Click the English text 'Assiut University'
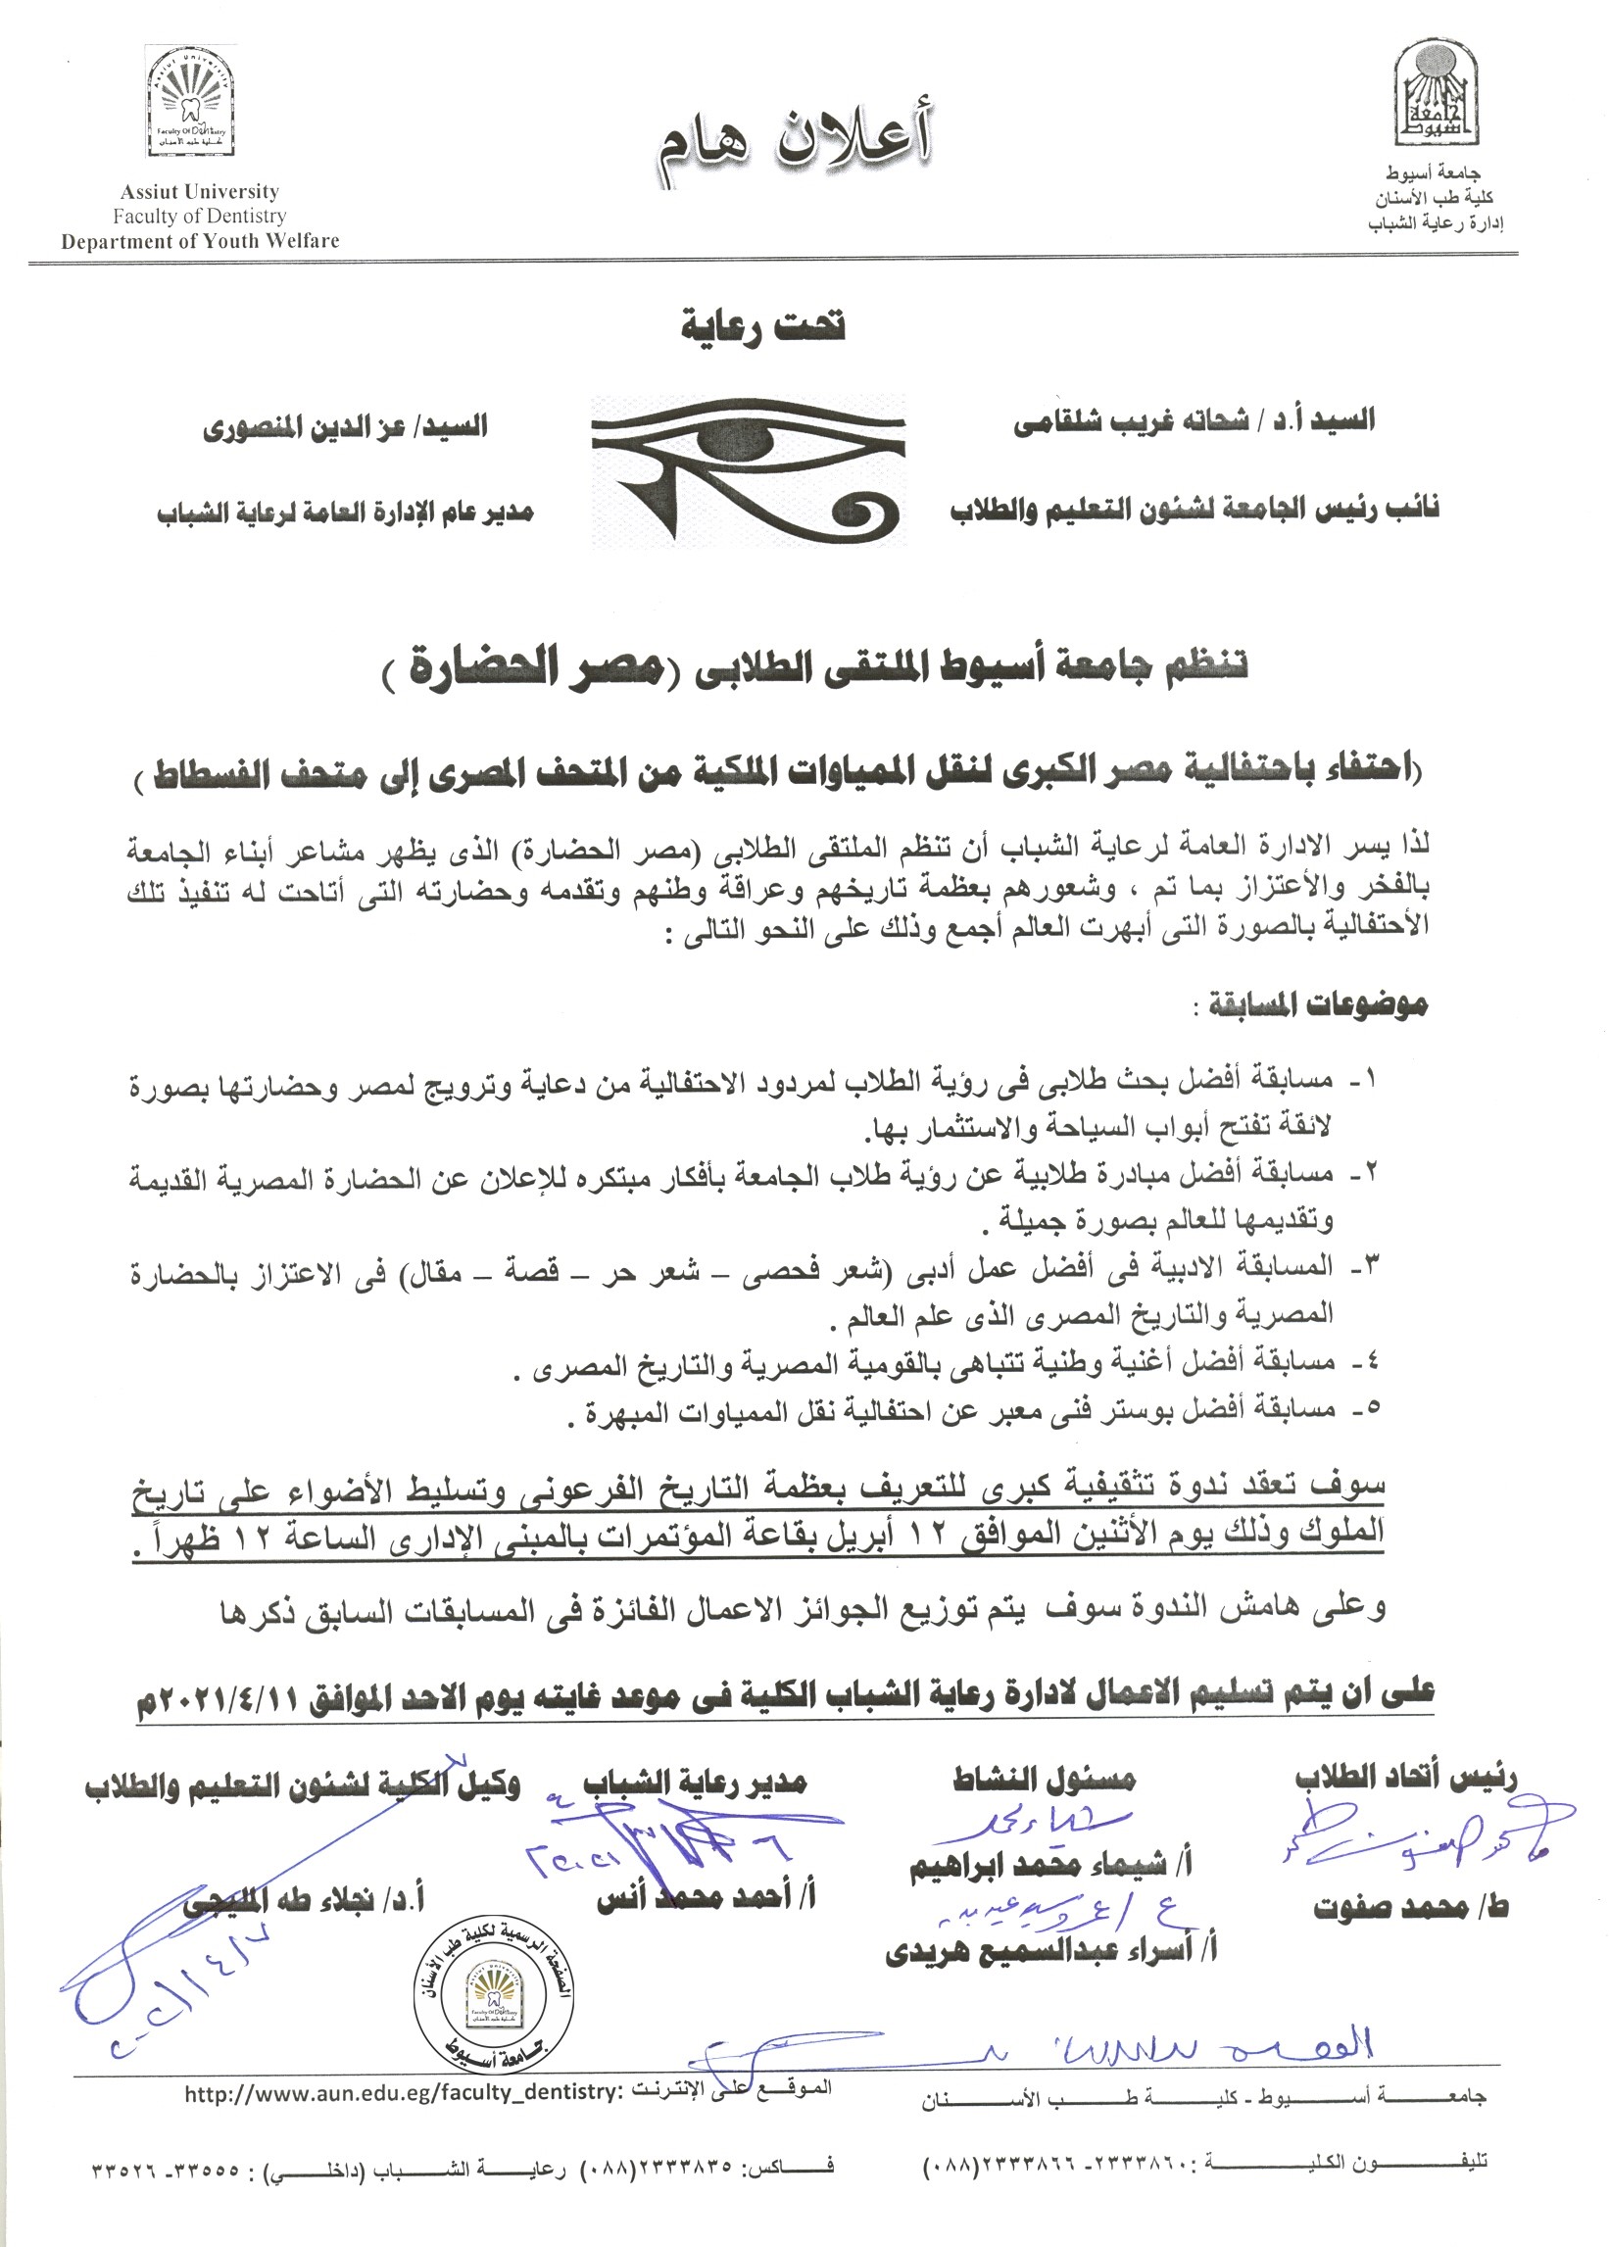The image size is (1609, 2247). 199,192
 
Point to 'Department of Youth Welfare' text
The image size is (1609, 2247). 200,241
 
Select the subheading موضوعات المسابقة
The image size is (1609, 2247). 1314,1006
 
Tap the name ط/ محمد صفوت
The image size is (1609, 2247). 1411,1907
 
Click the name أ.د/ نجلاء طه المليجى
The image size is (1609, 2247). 303,1899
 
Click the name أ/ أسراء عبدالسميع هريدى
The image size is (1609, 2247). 1051,1952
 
